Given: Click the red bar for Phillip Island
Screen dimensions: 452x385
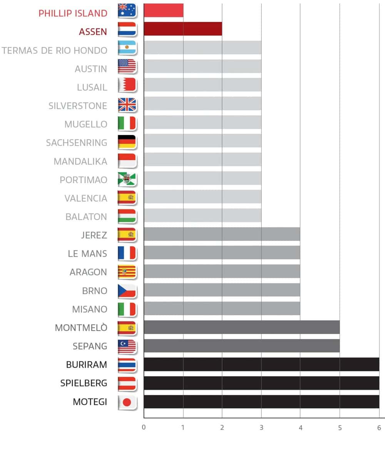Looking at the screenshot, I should pos(163,10).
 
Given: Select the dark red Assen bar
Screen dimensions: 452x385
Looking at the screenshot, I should pos(182,29).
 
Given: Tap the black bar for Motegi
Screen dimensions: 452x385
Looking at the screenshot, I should pos(261,402).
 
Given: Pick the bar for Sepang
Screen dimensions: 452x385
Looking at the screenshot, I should pos(241,346).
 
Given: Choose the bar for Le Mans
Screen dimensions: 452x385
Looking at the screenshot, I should pos(222,253).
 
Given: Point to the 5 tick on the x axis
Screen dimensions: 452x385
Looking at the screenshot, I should pos(340,428).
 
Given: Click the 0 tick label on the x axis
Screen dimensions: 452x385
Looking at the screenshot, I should pos(144,428).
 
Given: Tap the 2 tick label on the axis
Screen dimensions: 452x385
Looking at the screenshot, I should pos(222,428).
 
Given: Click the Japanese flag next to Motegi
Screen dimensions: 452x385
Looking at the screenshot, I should pos(127,402).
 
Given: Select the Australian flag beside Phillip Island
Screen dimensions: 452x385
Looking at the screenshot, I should pos(127,10).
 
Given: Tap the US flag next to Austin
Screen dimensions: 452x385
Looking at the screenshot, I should pos(127,67).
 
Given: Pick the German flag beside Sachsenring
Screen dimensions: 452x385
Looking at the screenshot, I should pos(127,142).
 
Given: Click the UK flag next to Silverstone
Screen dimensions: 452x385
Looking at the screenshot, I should pos(127,105).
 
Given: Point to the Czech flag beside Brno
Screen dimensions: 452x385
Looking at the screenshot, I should pos(127,291).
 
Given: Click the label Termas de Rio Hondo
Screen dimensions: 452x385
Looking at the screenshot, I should pos(54,50).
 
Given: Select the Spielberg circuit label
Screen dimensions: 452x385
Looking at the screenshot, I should pos(84,383).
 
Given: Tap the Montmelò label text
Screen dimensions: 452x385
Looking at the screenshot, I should pos(81,328).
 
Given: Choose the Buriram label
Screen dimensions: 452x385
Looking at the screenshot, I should pos(86,365).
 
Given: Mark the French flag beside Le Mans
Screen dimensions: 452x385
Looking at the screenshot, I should pos(127,253).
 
